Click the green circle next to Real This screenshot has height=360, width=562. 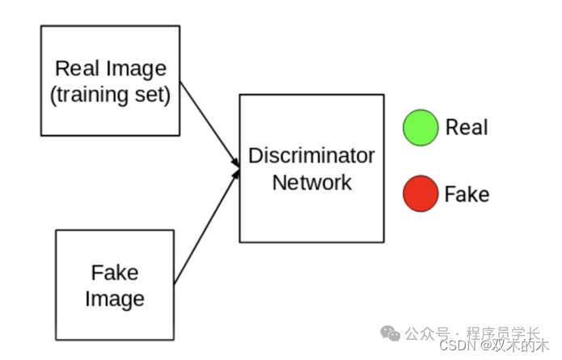pos(420,127)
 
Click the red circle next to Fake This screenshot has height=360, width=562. pos(420,194)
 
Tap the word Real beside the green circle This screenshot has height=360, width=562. pos(467,127)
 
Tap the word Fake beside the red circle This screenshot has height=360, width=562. pos(467,195)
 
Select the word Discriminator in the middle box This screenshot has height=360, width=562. pos(311,155)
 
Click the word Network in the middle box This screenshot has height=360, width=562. pos(311,182)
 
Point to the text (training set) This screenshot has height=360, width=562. pos(110,95)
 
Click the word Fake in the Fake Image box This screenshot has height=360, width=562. pos(115,273)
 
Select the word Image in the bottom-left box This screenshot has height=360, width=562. pos(115,299)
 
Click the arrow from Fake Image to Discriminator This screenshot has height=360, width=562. pos(206,227)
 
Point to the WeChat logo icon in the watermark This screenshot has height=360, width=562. pos(391,333)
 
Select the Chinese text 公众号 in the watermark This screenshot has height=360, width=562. pos(427,333)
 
